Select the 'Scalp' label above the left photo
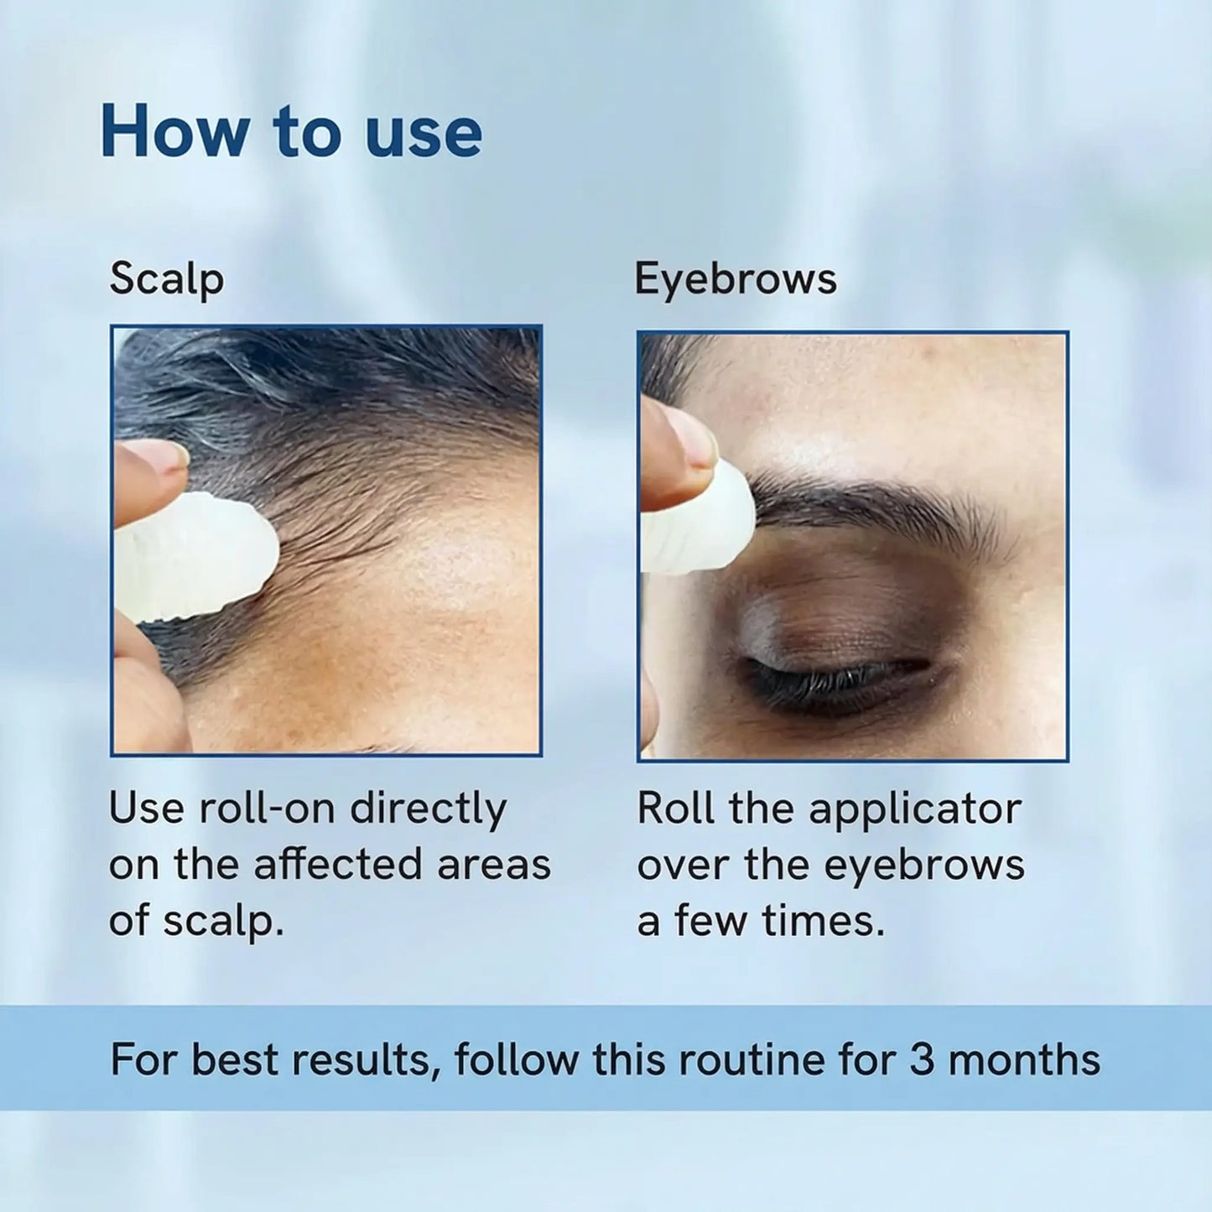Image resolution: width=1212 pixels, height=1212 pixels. tap(166, 279)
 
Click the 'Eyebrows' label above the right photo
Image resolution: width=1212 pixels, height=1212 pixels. tap(735, 279)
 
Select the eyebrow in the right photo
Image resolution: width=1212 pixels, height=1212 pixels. tap(872, 503)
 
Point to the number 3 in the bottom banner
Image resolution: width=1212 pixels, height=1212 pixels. tap(921, 1059)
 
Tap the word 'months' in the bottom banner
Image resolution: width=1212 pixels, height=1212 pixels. tap(1024, 1059)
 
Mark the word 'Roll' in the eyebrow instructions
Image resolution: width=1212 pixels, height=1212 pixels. tap(675, 809)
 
